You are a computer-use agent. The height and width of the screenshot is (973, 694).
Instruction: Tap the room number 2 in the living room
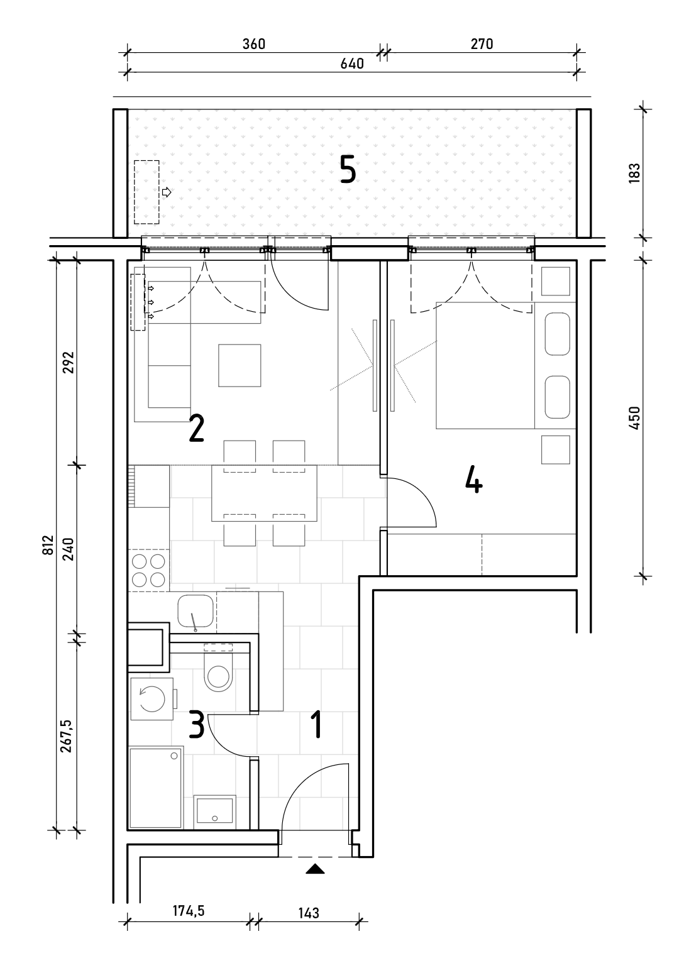(x=197, y=428)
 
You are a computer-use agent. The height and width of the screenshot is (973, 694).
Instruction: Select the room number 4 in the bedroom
(x=473, y=479)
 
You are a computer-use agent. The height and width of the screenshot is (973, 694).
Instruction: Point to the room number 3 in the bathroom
(x=197, y=724)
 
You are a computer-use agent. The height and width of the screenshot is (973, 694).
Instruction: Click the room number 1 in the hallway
(x=317, y=724)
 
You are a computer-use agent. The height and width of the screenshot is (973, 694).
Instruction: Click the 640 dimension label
(x=352, y=64)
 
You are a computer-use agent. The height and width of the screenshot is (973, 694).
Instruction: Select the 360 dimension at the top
(x=253, y=44)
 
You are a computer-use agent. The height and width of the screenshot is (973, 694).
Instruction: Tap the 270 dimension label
(x=482, y=44)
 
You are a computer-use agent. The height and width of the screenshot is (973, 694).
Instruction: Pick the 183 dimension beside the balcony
(x=634, y=173)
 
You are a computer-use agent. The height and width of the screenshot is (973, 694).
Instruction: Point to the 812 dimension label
(x=48, y=545)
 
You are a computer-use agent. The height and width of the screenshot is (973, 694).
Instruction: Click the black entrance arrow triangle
(x=315, y=869)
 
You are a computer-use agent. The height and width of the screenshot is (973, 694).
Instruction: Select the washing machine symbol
(x=152, y=699)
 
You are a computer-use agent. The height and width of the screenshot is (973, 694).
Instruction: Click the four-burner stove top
(x=148, y=570)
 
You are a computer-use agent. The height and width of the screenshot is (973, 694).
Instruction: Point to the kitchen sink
(x=196, y=611)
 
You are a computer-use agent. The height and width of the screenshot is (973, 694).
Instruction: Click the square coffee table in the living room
(x=240, y=365)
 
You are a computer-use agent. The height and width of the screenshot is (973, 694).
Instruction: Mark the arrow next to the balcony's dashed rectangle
(x=167, y=192)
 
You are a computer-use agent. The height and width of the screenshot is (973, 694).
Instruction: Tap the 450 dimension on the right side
(x=634, y=419)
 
